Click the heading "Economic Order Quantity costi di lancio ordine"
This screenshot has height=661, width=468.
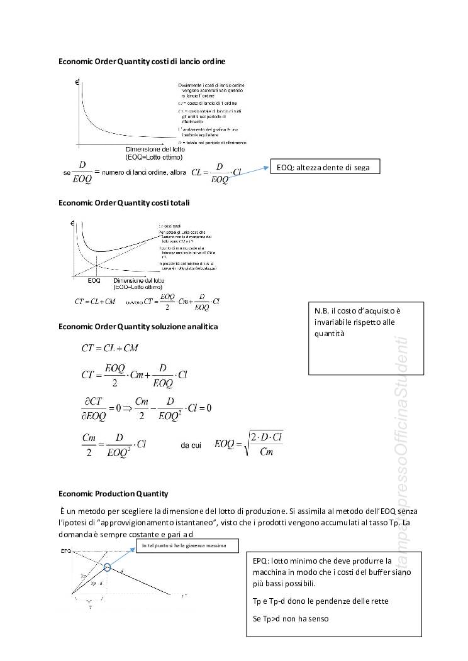[x=142, y=62]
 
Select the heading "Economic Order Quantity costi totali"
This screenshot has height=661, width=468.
[x=124, y=203]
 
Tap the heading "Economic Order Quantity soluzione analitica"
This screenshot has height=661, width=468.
[x=138, y=327]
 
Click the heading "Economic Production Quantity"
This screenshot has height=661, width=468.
[x=113, y=493]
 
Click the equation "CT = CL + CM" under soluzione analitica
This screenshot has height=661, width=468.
[x=110, y=348]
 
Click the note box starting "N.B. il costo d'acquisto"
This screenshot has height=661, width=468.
[x=365, y=337]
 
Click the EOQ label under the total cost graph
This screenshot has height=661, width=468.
[x=94, y=281]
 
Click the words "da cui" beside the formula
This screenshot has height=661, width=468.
[x=191, y=445]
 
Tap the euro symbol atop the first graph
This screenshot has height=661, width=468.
[x=76, y=82]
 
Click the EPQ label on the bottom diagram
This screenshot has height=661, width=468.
[x=65, y=551]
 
